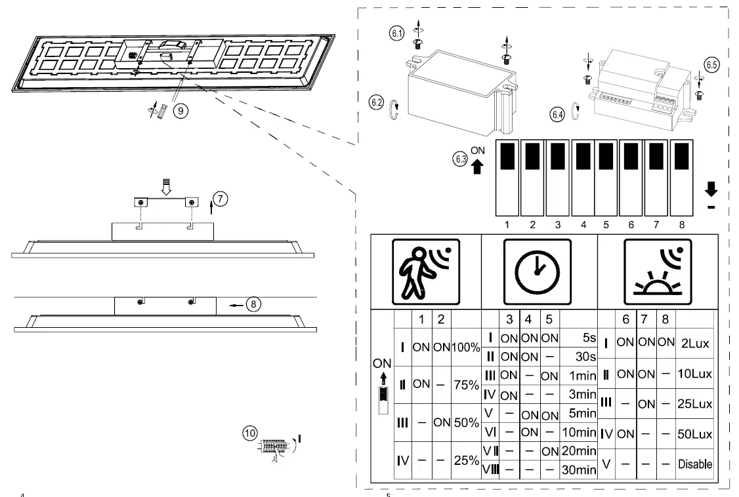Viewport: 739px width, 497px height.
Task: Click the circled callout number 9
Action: [x=181, y=111]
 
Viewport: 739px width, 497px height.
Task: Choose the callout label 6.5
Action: [x=711, y=65]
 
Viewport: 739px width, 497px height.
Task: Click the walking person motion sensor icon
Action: [x=425, y=271]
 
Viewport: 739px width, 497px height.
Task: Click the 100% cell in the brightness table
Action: [x=465, y=346]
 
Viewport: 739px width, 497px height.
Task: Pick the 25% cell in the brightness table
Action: [x=465, y=461]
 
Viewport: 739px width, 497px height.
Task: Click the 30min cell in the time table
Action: [x=578, y=470]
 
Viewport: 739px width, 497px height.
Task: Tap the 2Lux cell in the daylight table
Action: [x=694, y=344]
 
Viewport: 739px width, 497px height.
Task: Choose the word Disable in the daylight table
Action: [x=695, y=464]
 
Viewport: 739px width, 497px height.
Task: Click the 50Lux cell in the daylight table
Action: [x=694, y=434]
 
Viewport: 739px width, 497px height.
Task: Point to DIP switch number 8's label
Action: [x=682, y=225]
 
